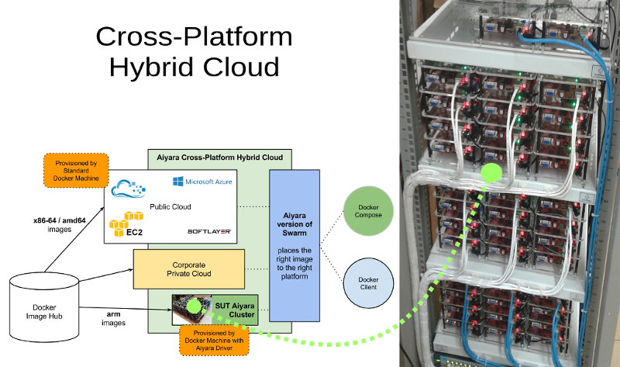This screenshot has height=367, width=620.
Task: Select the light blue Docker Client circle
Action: click(x=368, y=283)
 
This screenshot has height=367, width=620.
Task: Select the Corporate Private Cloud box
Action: click(x=189, y=268)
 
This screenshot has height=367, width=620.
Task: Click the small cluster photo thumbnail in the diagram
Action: click(x=191, y=309)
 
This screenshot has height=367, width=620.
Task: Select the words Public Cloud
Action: click(x=170, y=207)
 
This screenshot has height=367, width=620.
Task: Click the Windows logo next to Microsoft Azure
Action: click(x=177, y=182)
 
